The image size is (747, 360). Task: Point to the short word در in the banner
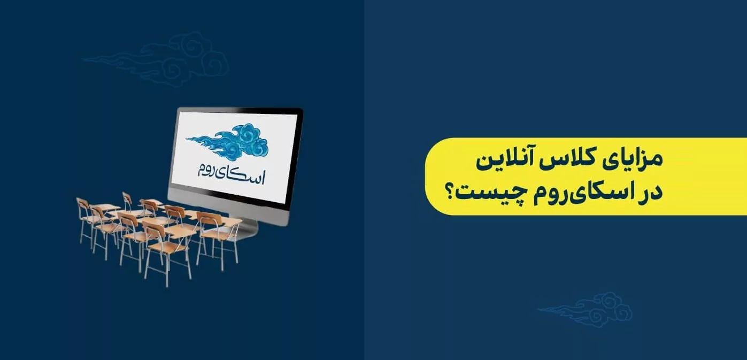650,193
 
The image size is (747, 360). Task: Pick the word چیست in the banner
491,194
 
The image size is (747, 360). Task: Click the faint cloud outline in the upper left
156,60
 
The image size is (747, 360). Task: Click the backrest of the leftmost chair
83,204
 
